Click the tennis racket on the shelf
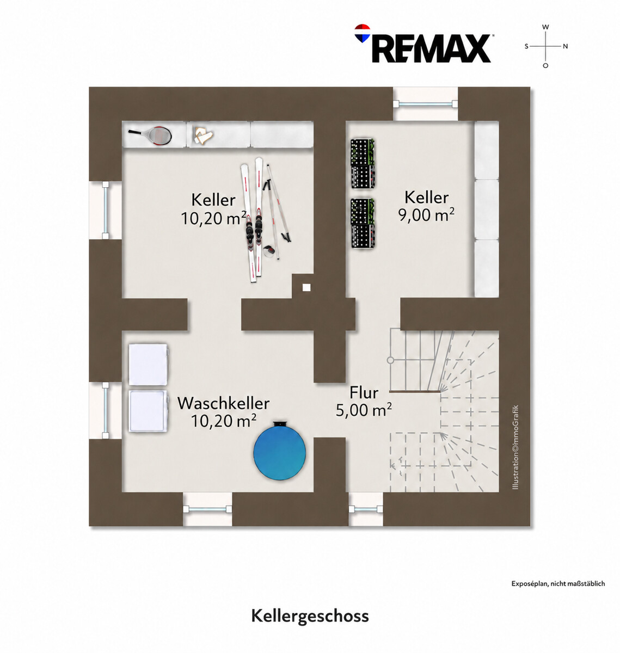click(151, 135)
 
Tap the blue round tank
click(279, 451)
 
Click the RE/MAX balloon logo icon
click(362, 33)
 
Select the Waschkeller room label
click(223, 403)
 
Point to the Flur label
click(364, 392)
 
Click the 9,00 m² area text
click(426, 215)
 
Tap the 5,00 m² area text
click(364, 410)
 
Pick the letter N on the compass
click(565, 46)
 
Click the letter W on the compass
click(545, 27)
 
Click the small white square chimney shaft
click(306, 287)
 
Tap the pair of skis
click(252, 219)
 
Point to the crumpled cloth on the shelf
click(204, 135)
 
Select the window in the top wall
click(426, 104)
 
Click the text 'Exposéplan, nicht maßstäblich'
click(558, 583)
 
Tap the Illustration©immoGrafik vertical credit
click(515, 447)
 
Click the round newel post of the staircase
click(390, 360)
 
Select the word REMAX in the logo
click(431, 48)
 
